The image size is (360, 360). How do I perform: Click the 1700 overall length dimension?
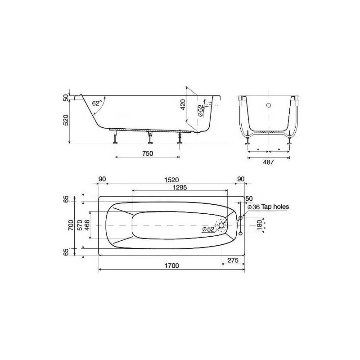(x=171, y=265)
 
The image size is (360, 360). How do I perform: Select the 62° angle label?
(x=97, y=103)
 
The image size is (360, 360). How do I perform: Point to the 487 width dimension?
(x=268, y=162)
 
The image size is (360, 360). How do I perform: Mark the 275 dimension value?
(x=233, y=260)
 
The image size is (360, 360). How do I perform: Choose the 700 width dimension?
(x=71, y=225)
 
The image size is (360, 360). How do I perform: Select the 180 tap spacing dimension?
(x=259, y=225)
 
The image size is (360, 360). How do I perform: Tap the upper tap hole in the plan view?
(x=240, y=218)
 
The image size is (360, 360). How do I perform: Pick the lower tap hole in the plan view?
(x=240, y=233)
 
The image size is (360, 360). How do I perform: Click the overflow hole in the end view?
(x=268, y=105)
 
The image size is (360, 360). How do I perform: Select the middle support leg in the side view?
(x=148, y=138)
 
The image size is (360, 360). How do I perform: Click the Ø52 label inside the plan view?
(x=208, y=229)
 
